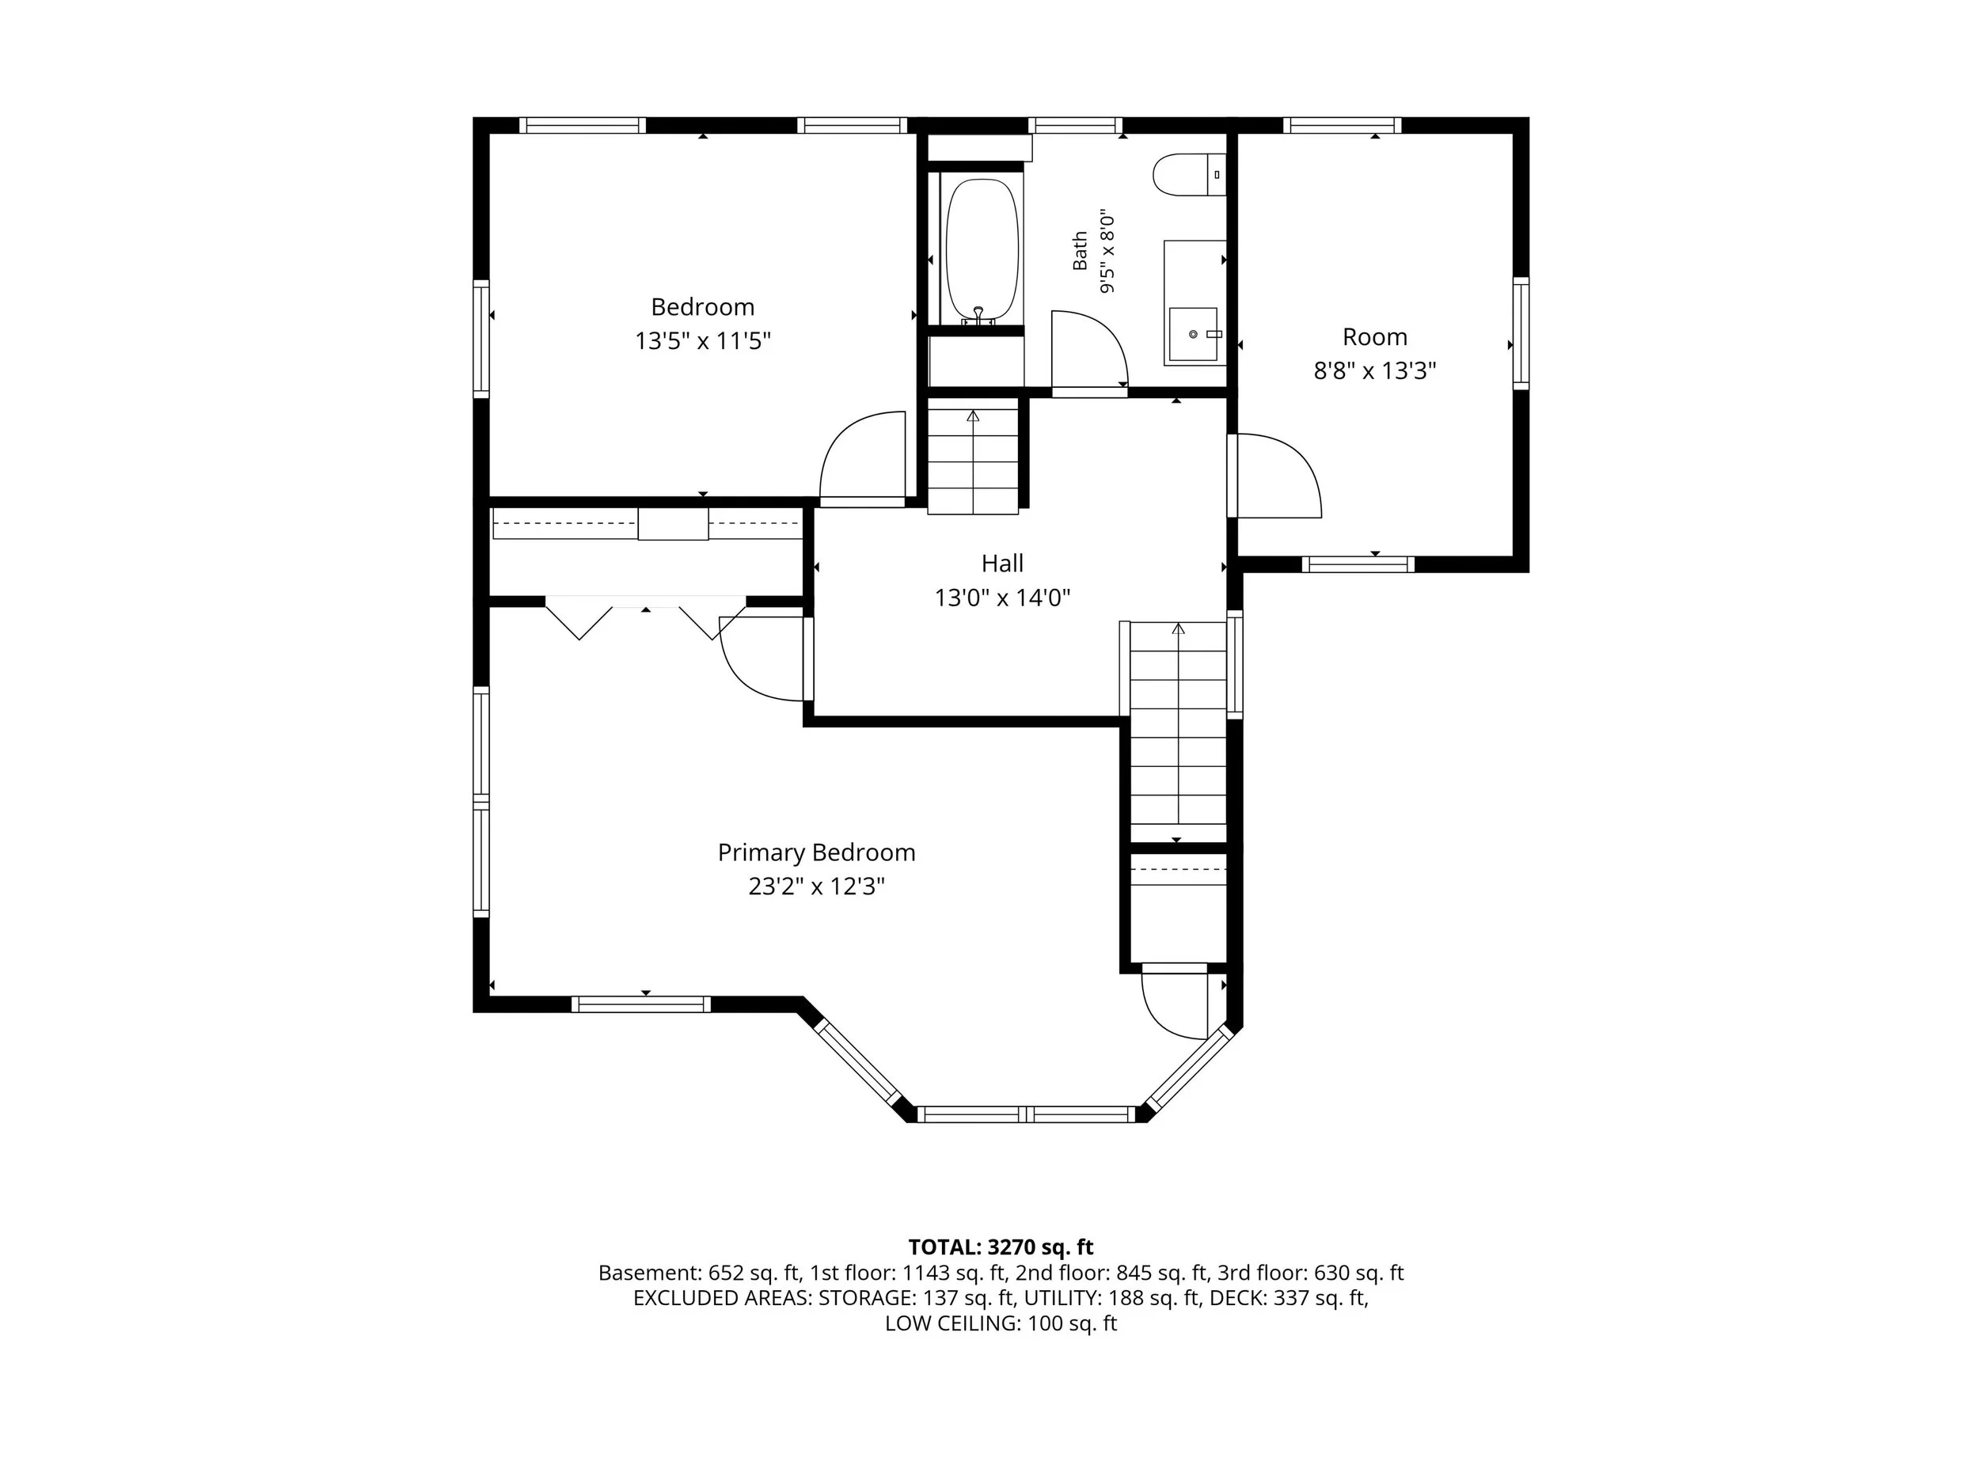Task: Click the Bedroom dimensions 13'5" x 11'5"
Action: tap(702, 341)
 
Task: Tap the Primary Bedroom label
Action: tap(816, 852)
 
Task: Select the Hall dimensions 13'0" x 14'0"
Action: tap(1002, 598)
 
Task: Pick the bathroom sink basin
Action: tap(1194, 334)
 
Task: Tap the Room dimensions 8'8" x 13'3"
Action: tap(1374, 370)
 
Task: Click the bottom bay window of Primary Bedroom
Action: tap(1026, 1114)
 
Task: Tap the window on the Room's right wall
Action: tap(1520, 332)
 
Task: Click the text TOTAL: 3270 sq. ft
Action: tap(1001, 1247)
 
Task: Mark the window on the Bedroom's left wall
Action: tap(481, 338)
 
